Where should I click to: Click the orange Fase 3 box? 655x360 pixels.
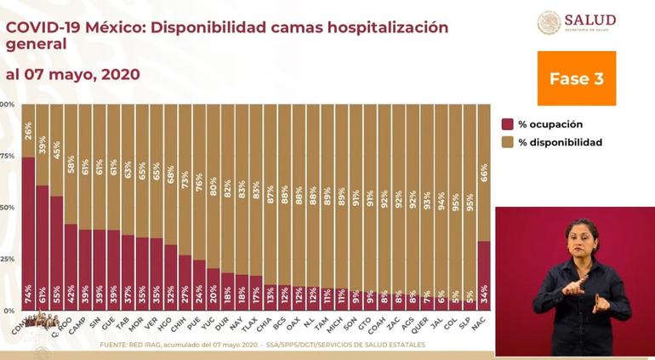click(x=576, y=78)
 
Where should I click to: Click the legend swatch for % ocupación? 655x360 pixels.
click(x=507, y=123)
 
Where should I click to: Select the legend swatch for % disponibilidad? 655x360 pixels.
click(x=507, y=142)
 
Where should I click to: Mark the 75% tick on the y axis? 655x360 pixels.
click(x=8, y=157)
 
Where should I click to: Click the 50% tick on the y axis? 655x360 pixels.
click(x=8, y=208)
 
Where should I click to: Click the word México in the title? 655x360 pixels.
click(x=105, y=27)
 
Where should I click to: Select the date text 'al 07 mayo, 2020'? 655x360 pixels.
click(x=73, y=75)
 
